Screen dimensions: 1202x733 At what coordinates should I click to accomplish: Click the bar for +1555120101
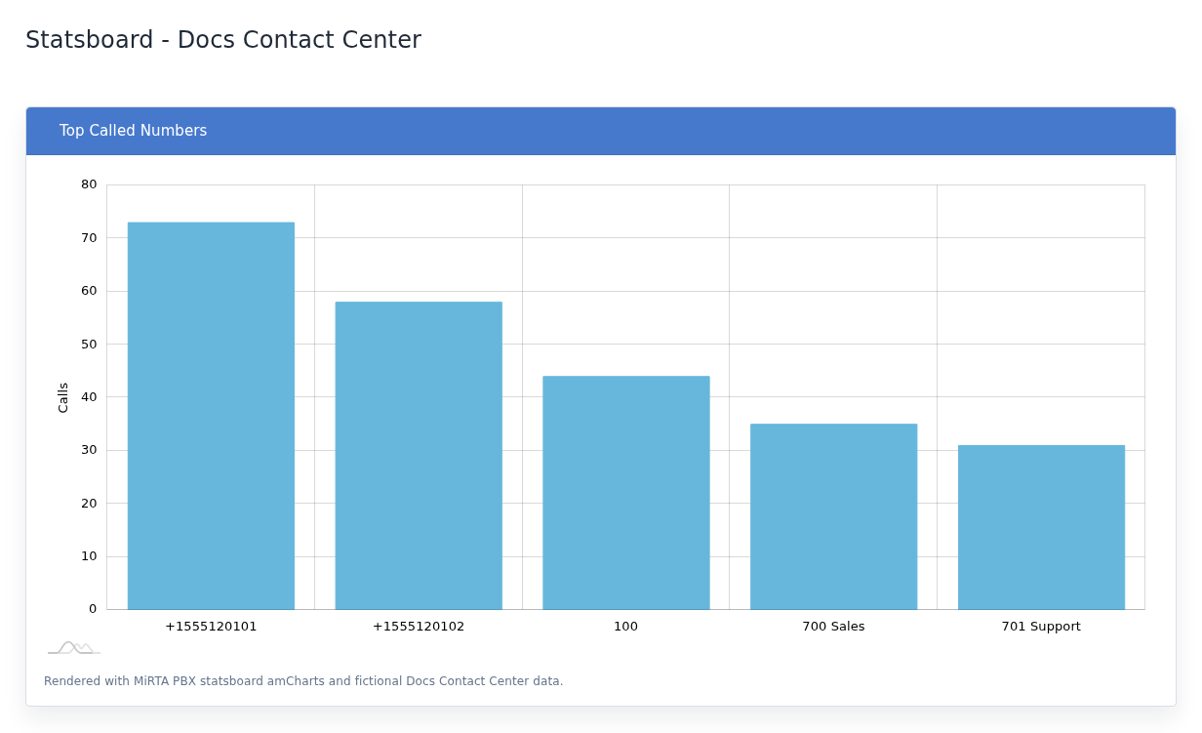point(211,416)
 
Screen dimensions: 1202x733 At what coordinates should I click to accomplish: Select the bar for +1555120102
point(419,456)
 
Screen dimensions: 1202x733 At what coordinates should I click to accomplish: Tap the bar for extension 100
point(626,493)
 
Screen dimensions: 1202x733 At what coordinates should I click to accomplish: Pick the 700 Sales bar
point(834,516)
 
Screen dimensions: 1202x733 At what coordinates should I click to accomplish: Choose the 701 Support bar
point(1042,527)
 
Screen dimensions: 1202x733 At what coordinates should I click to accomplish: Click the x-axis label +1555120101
point(211,627)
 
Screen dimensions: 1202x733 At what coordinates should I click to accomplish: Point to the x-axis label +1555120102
point(419,627)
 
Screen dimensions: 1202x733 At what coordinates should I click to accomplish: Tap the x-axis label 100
point(625,627)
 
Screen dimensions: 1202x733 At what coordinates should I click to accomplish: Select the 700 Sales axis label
point(833,627)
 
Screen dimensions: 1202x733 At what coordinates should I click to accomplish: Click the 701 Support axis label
point(1041,627)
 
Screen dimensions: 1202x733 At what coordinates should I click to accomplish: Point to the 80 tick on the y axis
point(89,184)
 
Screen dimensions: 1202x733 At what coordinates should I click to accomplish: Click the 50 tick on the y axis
point(89,345)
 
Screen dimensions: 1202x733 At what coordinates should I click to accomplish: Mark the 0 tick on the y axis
point(93,609)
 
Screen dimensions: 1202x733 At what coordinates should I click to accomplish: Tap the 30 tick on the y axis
point(89,450)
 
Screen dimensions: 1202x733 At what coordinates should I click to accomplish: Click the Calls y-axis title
point(62,397)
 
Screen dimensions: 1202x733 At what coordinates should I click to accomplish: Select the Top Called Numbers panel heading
point(133,131)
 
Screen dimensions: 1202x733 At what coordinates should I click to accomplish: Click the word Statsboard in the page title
point(90,40)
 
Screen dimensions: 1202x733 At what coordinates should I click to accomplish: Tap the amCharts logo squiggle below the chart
point(74,648)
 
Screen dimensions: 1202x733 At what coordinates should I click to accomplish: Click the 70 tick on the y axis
point(89,238)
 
